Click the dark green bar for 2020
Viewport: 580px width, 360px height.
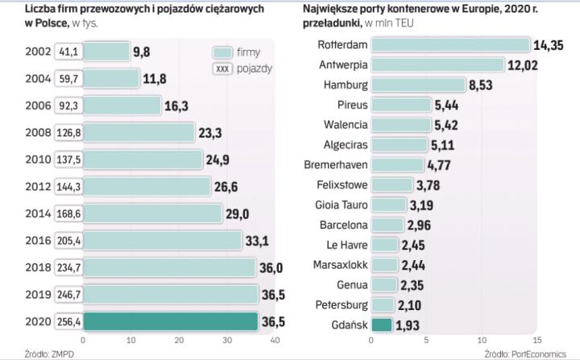pos(172,321)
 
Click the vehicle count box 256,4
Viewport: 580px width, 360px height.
pos(67,321)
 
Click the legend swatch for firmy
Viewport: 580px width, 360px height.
pos(222,52)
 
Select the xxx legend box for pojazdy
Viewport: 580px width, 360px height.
pos(222,68)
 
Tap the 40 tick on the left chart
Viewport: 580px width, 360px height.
pos(275,341)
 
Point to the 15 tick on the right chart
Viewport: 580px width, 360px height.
pos(536,341)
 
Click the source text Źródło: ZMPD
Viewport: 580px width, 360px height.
pos(27,353)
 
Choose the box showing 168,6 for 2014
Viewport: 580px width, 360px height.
pos(67,213)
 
